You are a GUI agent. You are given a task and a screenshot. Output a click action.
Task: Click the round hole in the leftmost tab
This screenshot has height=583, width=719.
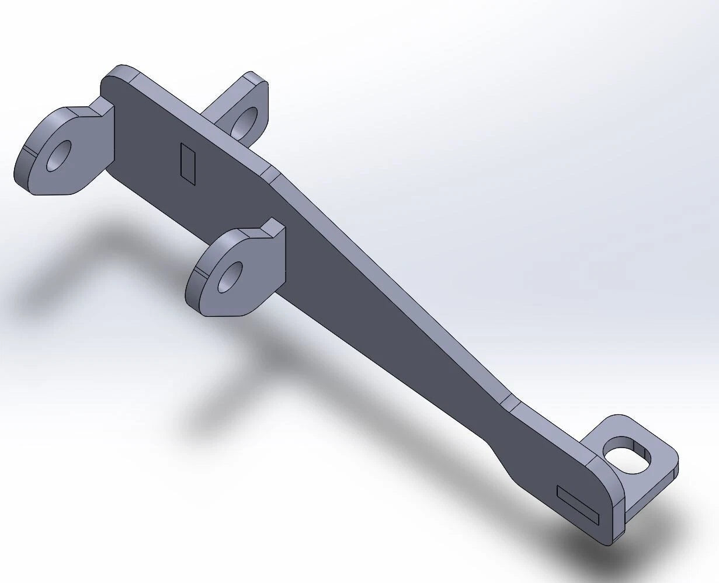coord(58,155)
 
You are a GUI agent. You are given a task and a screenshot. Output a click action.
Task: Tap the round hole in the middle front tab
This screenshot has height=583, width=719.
coord(230,277)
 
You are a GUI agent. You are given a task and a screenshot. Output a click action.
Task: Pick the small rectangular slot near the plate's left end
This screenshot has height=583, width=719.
coord(188,163)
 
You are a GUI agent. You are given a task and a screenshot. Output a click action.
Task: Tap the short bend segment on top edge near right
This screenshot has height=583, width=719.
coord(509,402)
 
